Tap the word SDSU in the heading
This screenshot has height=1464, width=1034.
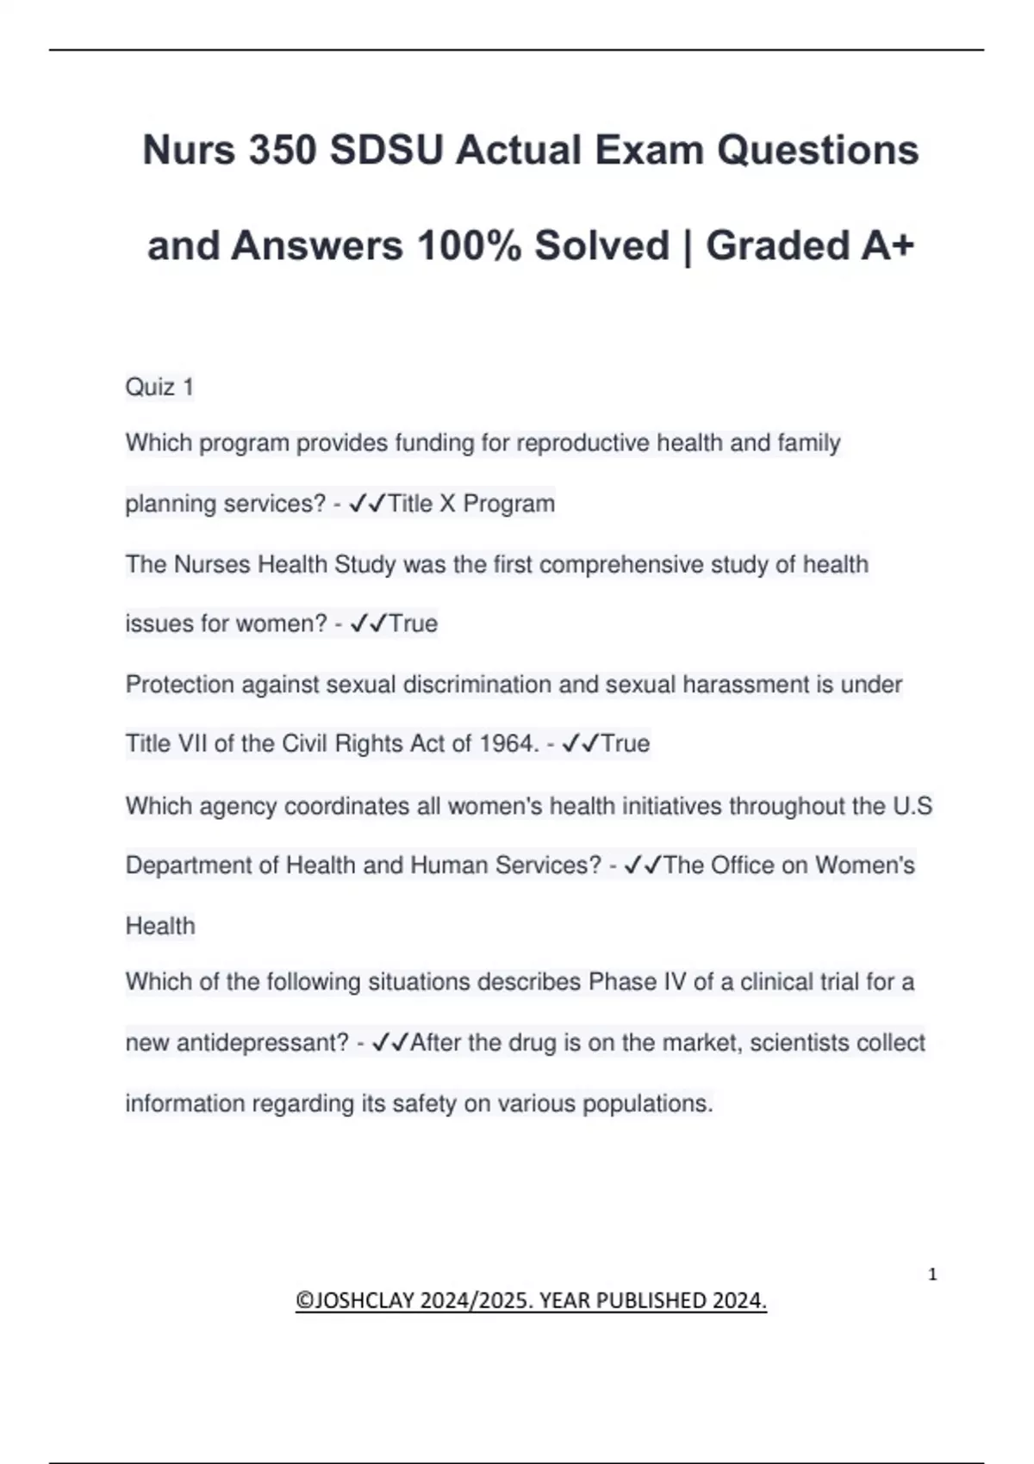[386, 150]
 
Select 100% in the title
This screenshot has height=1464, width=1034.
[470, 245]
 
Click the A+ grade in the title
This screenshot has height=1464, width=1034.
[887, 245]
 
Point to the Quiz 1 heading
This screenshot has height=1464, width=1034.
[159, 388]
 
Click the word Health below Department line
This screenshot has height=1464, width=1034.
[160, 927]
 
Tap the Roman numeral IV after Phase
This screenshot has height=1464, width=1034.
[675, 983]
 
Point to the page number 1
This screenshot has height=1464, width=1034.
[932, 1275]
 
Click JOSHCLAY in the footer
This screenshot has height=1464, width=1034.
[365, 1300]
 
